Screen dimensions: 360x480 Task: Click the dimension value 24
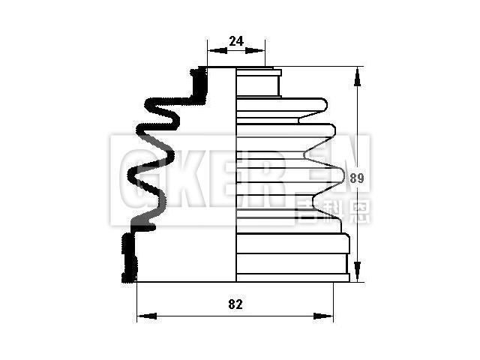pyautogui.click(x=235, y=42)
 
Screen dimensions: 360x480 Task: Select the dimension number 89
pyautogui.click(x=357, y=178)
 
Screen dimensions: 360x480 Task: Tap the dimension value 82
pyautogui.click(x=235, y=304)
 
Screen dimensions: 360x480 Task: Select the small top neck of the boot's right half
pyautogui.click(x=258, y=82)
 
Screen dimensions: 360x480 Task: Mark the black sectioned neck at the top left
pyautogui.click(x=199, y=86)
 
